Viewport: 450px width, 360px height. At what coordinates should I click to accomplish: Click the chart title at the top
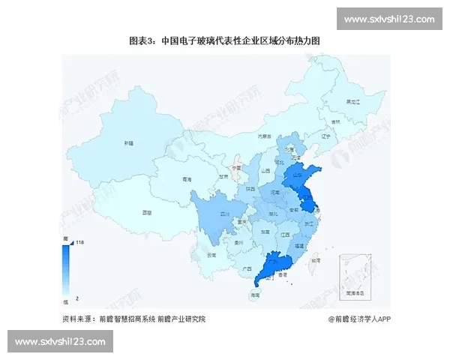pos(224,41)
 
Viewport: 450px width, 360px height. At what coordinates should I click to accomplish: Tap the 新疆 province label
pos(129,142)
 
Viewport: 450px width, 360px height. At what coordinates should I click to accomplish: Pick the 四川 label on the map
pos(223,214)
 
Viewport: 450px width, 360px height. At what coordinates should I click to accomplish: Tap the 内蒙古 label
pos(264,136)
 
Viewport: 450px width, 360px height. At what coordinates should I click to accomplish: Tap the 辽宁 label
pos(325,137)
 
